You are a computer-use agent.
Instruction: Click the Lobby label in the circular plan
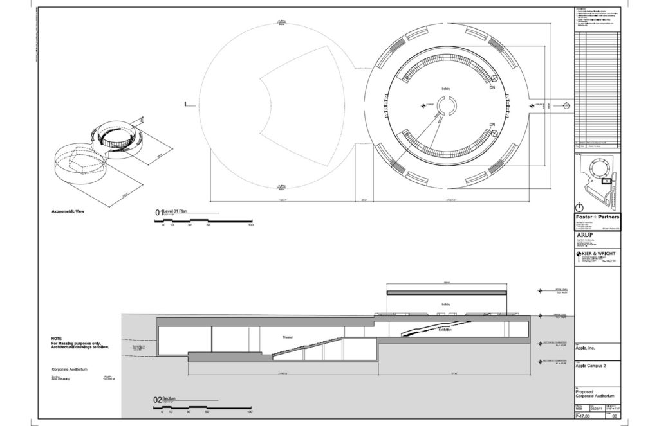pyautogui.click(x=445, y=89)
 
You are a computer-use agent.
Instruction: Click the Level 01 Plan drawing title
pyautogui.click(x=174, y=211)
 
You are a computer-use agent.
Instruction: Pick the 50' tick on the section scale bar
pyautogui.click(x=209, y=413)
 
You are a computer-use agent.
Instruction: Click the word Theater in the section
pyautogui.click(x=287, y=337)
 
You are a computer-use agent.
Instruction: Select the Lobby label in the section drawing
pyautogui.click(x=445, y=305)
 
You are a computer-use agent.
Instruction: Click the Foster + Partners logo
pyautogui.click(x=596, y=218)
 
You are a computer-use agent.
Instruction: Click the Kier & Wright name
pyautogui.click(x=599, y=254)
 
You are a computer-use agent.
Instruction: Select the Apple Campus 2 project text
pyautogui.click(x=591, y=365)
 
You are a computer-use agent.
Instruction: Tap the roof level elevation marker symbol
pyautogui.click(x=541, y=290)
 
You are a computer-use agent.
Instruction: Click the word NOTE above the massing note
pyautogui.click(x=57, y=339)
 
